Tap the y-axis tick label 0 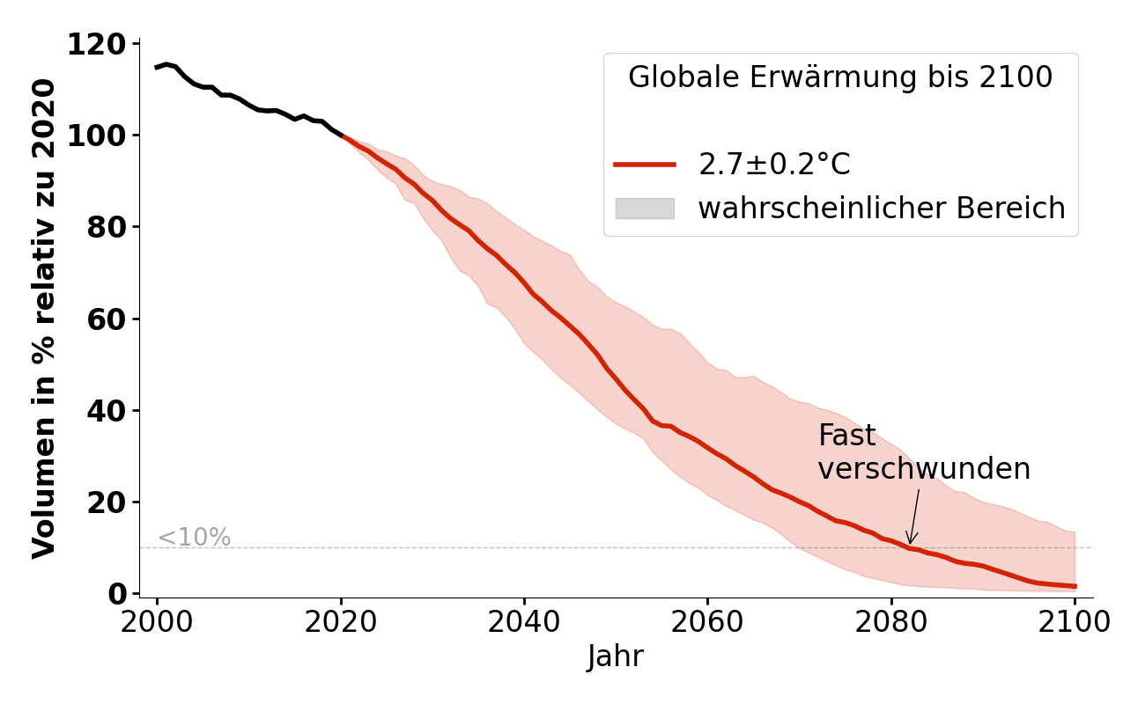(x=117, y=594)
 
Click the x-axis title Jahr (x=616, y=656)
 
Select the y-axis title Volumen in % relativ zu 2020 (x=44, y=319)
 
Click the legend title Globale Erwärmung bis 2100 (x=840, y=77)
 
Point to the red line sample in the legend (x=645, y=165)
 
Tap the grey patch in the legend (x=645, y=209)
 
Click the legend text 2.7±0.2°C (x=774, y=165)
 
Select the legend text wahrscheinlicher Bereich (x=882, y=209)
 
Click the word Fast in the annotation (x=847, y=436)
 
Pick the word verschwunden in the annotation (x=924, y=469)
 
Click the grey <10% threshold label (x=194, y=537)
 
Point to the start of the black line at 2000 (x=157, y=67)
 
